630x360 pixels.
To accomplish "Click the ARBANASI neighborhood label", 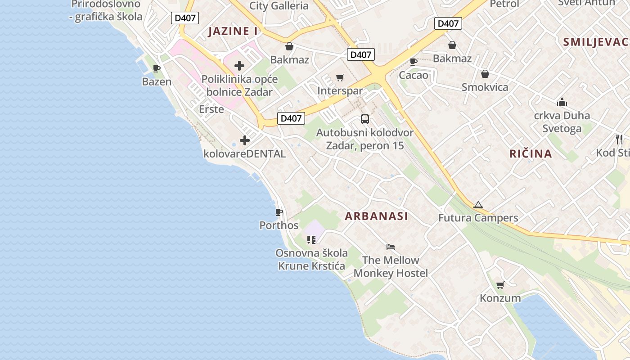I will tap(376, 216).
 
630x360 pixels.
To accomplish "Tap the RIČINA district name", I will tap(531, 154).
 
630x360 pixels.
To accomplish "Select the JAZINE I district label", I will tap(233, 31).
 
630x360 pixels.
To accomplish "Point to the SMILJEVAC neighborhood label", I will tap(595, 42).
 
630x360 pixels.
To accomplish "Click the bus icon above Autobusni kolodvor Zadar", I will tap(365, 119).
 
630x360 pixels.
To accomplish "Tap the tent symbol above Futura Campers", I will tap(478, 205).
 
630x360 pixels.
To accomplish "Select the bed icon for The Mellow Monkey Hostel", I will tap(391, 247).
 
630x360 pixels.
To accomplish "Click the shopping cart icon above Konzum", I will tap(500, 285).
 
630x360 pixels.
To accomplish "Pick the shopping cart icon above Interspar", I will tap(340, 78).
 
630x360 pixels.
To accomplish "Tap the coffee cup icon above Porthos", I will tap(279, 212).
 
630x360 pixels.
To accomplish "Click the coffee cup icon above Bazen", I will tap(157, 68).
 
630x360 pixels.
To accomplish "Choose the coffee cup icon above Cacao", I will tap(414, 62).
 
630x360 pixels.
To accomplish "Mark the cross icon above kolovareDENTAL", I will tap(245, 141).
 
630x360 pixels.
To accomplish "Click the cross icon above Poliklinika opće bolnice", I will tap(239, 66).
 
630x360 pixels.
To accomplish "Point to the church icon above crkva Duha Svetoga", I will tap(562, 102).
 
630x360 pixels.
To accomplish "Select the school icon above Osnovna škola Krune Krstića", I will tap(311, 239).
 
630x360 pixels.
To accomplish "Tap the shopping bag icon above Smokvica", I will tap(485, 74).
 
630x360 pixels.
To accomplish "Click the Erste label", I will tap(211, 109).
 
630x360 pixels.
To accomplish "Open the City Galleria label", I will tap(279, 6).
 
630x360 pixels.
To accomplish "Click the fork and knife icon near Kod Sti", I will tap(619, 139).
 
